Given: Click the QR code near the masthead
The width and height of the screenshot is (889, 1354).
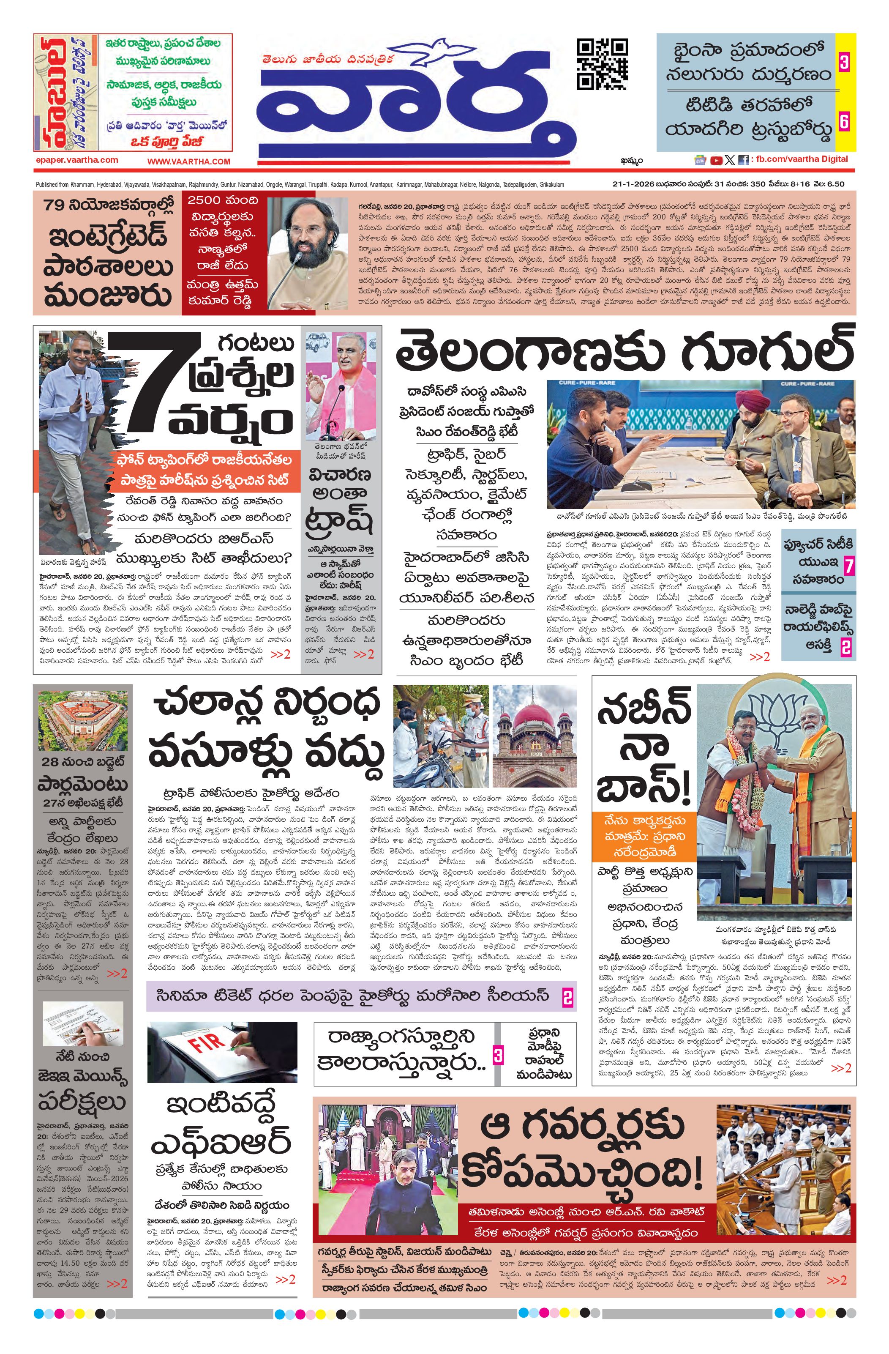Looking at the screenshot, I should tap(603, 64).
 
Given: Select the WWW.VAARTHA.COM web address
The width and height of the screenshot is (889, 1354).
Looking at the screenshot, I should tap(189, 161).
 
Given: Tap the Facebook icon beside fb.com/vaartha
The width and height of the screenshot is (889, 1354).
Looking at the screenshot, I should tap(743, 161).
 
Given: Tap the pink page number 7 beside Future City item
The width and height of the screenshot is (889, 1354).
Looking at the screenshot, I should tap(849, 566).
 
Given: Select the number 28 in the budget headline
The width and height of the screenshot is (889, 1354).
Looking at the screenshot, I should tap(50, 762).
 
